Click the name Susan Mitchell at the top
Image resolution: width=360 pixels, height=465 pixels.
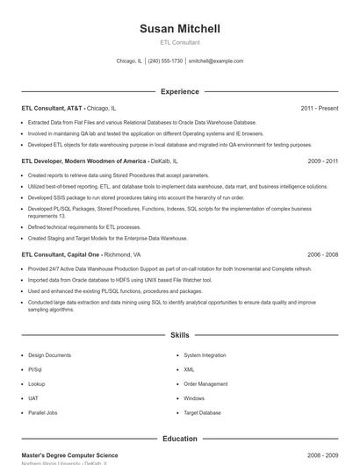click(x=180, y=29)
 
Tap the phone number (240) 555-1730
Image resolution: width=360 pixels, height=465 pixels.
click(x=165, y=61)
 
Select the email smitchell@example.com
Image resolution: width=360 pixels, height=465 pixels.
click(x=216, y=61)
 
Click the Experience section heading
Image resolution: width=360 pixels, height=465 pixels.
click(x=180, y=91)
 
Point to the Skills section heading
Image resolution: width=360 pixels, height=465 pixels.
click(x=180, y=335)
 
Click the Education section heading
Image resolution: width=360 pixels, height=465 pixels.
click(x=180, y=439)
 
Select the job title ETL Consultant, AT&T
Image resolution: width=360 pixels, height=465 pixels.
click(x=52, y=108)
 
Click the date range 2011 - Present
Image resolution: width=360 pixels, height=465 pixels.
click(x=319, y=108)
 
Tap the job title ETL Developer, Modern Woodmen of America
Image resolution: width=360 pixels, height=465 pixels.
click(x=83, y=161)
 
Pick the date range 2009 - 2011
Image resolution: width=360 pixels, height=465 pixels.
click(x=323, y=161)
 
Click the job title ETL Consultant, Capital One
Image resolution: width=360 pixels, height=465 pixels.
click(x=61, y=254)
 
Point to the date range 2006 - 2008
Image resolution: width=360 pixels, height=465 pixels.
click(x=323, y=254)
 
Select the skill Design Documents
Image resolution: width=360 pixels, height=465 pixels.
click(x=50, y=355)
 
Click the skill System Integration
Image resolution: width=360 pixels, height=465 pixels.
click(x=205, y=355)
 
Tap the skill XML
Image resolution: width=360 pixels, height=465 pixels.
click(x=189, y=369)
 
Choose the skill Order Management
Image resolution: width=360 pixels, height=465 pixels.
click(x=205, y=383)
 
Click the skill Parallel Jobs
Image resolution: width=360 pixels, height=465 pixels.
click(x=43, y=412)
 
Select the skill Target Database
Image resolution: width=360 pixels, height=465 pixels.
click(x=202, y=412)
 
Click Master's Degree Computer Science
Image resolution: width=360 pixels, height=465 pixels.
click(x=69, y=455)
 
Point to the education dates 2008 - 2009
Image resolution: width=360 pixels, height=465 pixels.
click(x=323, y=455)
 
